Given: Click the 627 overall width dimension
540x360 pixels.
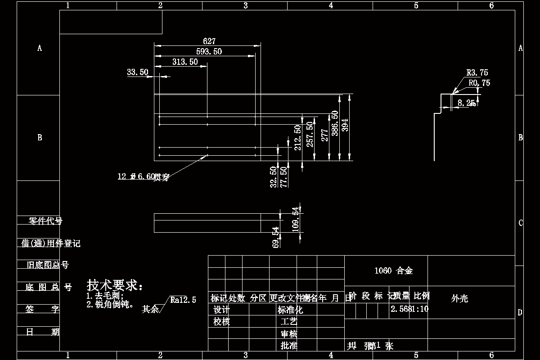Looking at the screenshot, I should point(209,41).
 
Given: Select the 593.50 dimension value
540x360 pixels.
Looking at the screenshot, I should point(209,52).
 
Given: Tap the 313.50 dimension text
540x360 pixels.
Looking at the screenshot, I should point(185,62).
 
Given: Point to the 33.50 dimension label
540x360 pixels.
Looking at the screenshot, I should point(138,72).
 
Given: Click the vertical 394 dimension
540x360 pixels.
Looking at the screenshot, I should point(345,125).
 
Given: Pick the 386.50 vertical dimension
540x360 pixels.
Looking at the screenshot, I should point(335,123).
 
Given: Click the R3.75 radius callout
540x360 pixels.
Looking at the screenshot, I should point(477,72).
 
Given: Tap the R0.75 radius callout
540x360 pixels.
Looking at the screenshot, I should point(479,83).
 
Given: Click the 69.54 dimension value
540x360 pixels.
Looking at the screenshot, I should point(276,237).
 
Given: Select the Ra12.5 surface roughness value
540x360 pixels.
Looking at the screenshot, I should point(183,300).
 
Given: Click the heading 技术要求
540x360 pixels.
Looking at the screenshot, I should point(115,285).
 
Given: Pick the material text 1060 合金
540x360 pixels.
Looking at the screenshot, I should point(394,271).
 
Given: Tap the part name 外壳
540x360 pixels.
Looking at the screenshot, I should point(459,298).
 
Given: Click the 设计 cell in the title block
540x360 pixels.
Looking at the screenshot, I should point(221,310).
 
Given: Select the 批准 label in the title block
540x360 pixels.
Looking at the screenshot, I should point(289,346).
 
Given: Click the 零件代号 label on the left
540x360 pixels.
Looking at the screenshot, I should point(45,221).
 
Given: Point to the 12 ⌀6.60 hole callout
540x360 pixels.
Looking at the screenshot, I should point(144,177).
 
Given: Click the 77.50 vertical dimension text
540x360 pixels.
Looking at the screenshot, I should point(284,177).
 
